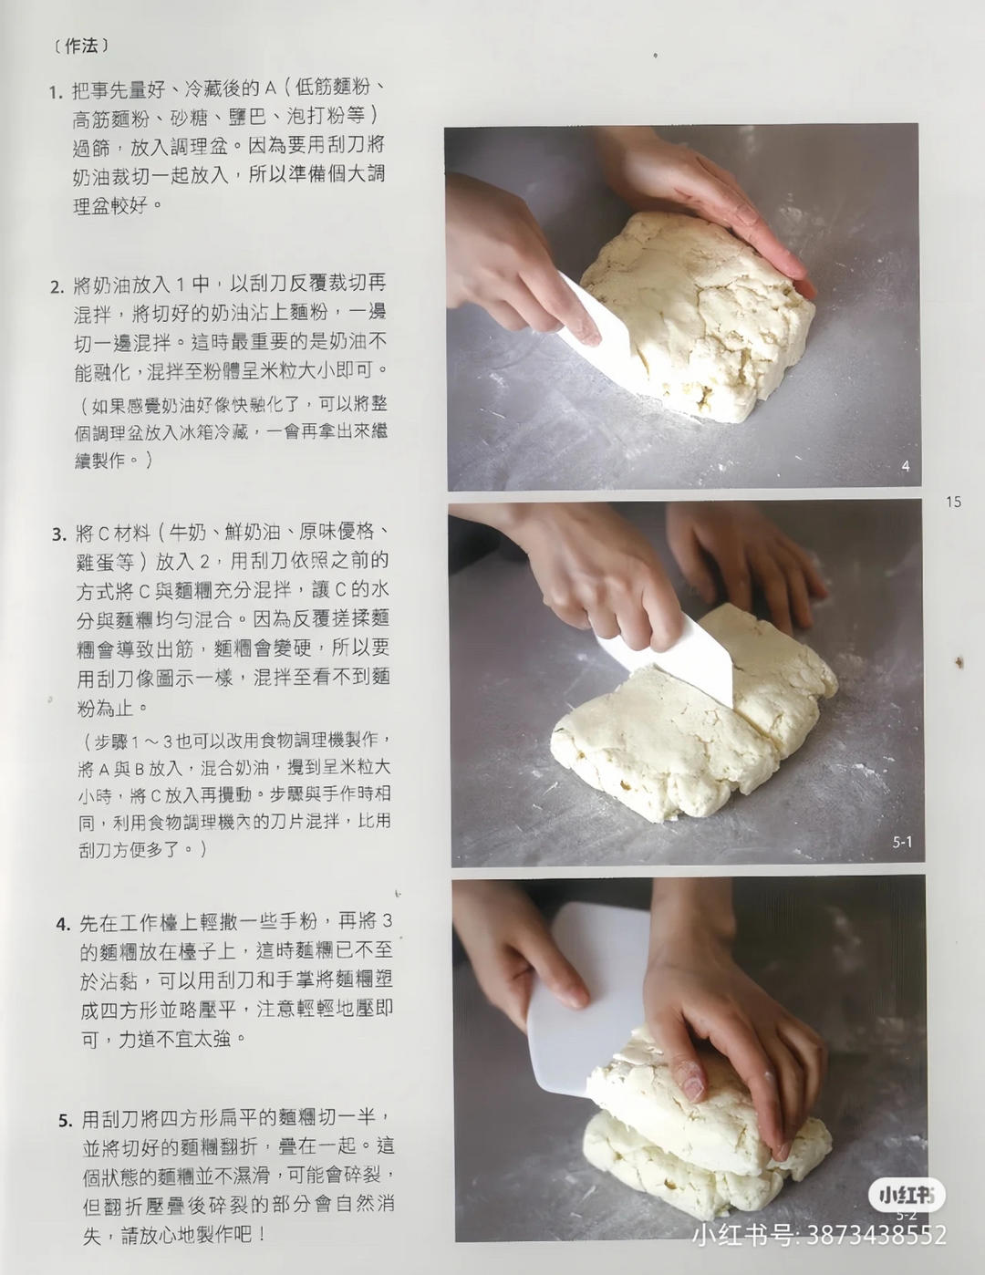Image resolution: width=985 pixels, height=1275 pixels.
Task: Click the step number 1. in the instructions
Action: tap(56, 92)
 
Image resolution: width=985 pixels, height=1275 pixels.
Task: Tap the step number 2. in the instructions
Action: tap(57, 286)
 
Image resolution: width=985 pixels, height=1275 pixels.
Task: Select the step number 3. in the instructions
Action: tap(59, 534)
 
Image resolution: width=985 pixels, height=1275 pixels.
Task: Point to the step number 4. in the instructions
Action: tap(63, 925)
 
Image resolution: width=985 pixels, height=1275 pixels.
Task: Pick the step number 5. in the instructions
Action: tap(66, 1121)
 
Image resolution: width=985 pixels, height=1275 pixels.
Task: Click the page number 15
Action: tap(953, 502)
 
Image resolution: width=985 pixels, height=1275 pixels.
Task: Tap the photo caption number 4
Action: tap(905, 466)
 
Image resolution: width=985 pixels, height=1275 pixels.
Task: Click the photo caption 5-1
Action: tap(901, 842)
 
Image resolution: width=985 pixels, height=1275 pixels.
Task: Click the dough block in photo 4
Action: tap(702, 319)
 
